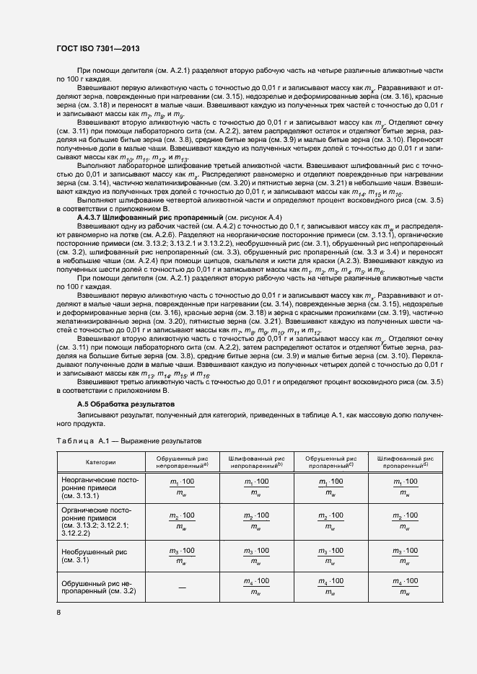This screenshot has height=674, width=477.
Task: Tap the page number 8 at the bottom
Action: [x=58, y=612]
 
